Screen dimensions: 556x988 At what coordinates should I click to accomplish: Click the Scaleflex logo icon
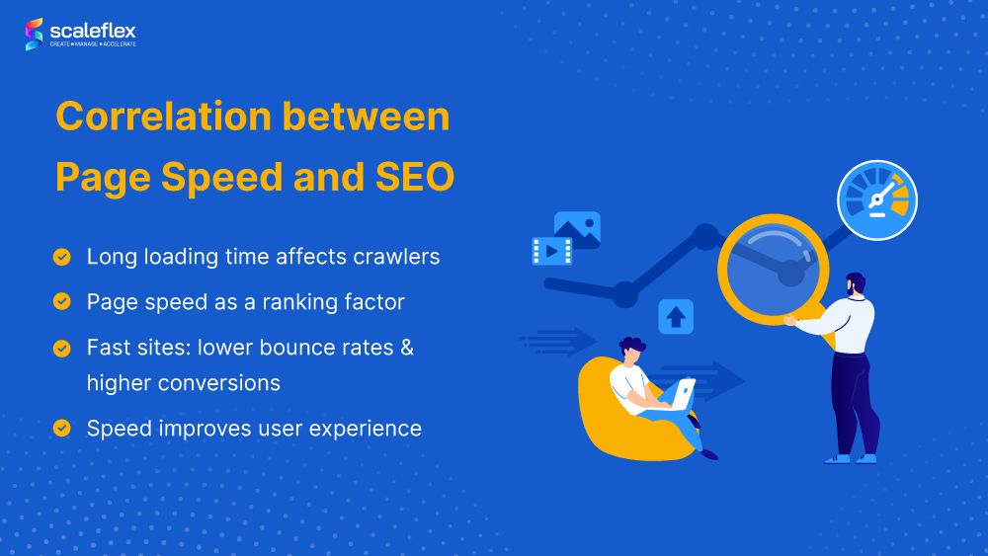(35, 34)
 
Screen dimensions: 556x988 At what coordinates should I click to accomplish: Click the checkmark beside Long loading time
(62, 257)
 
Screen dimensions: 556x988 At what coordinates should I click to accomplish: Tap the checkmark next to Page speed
(62, 301)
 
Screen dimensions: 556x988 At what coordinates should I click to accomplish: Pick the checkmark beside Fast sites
(62, 348)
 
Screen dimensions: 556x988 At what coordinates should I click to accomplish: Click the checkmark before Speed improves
(62, 428)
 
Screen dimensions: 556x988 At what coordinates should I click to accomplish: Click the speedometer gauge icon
(876, 200)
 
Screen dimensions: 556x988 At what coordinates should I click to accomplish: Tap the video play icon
(551, 252)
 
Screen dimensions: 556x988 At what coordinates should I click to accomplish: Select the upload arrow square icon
(676, 317)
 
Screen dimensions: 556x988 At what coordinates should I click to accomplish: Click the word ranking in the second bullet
(297, 302)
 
